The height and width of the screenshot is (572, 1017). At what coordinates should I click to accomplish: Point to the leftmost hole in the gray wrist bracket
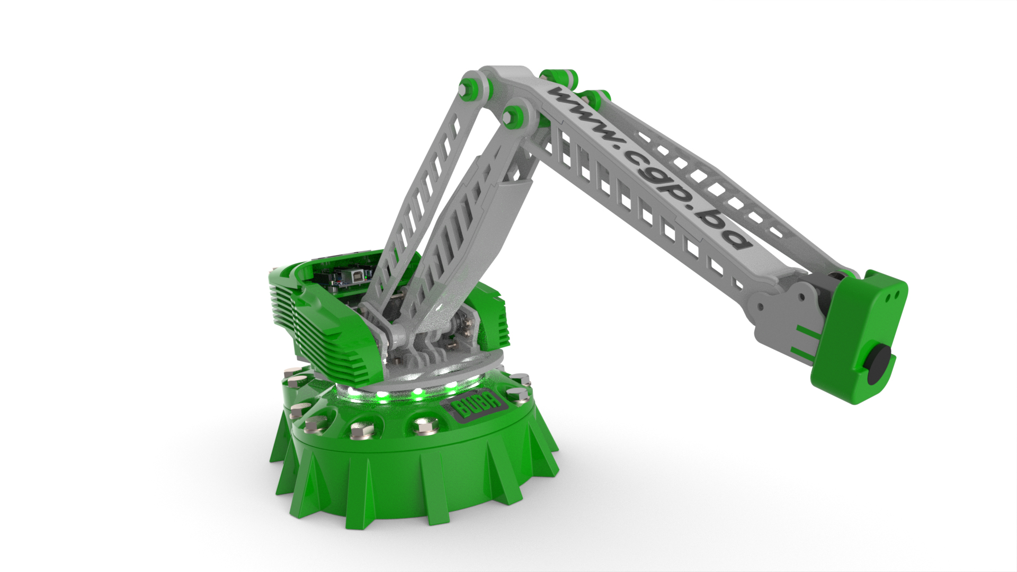click(x=761, y=307)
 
